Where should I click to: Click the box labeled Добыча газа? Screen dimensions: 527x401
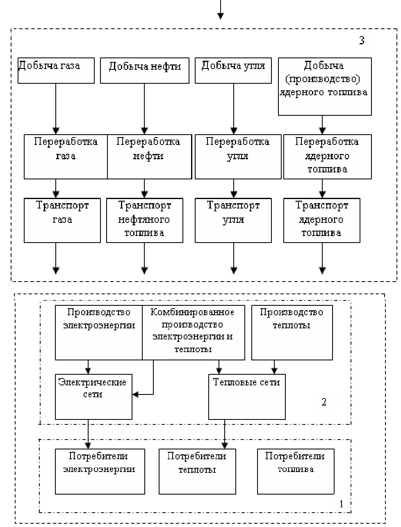pos(56,71)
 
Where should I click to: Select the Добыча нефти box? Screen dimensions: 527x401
pos(144,71)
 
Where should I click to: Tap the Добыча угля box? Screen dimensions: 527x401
pos(233,71)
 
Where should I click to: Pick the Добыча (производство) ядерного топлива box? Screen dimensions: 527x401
pos(324,86)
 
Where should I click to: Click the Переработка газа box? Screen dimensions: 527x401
pos(66,157)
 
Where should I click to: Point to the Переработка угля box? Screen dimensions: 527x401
pos(238,157)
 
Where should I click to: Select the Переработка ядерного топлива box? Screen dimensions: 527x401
pos(327,157)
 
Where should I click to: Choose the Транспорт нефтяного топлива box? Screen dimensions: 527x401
pos(144,220)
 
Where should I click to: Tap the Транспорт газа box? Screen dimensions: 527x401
pos(62,220)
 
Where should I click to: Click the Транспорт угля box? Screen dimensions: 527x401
pos(233,220)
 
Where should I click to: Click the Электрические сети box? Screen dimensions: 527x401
pos(93,396)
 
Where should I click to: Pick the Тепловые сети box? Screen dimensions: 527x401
pos(247,396)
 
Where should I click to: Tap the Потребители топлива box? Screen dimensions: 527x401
pos(295,471)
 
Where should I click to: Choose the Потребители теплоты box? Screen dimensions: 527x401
pos(197,471)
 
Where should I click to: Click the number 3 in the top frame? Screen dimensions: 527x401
pos(361,41)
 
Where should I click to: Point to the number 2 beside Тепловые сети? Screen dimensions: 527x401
pos(324,402)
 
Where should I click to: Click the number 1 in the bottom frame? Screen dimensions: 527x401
pos(342,504)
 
